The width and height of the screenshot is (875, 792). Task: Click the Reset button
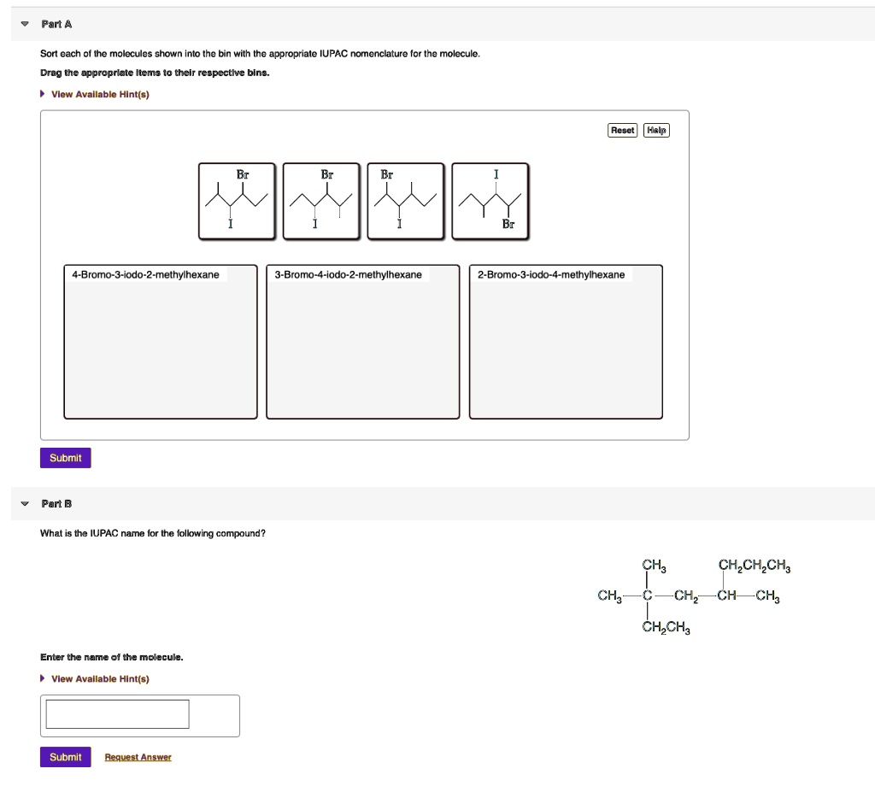point(622,130)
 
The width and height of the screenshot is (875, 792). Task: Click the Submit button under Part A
point(65,458)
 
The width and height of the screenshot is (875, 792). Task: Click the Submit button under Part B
point(65,757)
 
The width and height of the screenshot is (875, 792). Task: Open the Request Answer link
point(138,757)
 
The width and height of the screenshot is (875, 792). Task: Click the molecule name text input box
point(117,714)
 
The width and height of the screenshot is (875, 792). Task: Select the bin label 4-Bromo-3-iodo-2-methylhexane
point(145,274)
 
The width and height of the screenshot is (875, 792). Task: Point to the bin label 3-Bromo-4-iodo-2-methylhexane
point(349,274)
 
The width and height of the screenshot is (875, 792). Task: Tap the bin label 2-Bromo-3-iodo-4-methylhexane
point(551,274)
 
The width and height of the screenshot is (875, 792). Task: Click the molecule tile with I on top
point(490,201)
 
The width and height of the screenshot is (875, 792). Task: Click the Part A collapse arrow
point(25,24)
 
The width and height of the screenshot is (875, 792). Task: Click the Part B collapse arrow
point(25,503)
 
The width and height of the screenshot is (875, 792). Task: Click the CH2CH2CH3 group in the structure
point(755,566)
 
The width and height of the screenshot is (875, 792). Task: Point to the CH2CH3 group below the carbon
point(666,627)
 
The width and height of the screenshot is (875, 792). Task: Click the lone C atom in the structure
point(648,595)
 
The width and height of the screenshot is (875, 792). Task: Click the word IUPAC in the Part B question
point(104,534)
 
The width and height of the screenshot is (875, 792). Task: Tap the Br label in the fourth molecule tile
point(508,224)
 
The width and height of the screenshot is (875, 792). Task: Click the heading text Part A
point(56,24)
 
